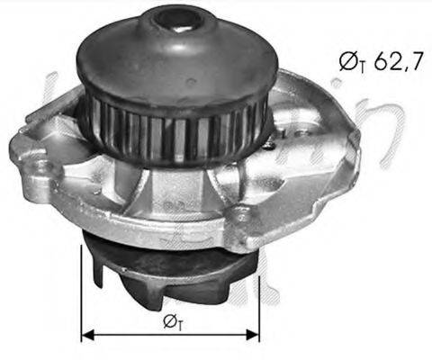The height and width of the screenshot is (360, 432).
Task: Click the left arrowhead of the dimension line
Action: tap(87, 334)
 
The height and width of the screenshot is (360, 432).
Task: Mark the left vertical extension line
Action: tap(81, 288)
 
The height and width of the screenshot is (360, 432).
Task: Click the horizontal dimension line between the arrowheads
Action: tap(170, 334)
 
